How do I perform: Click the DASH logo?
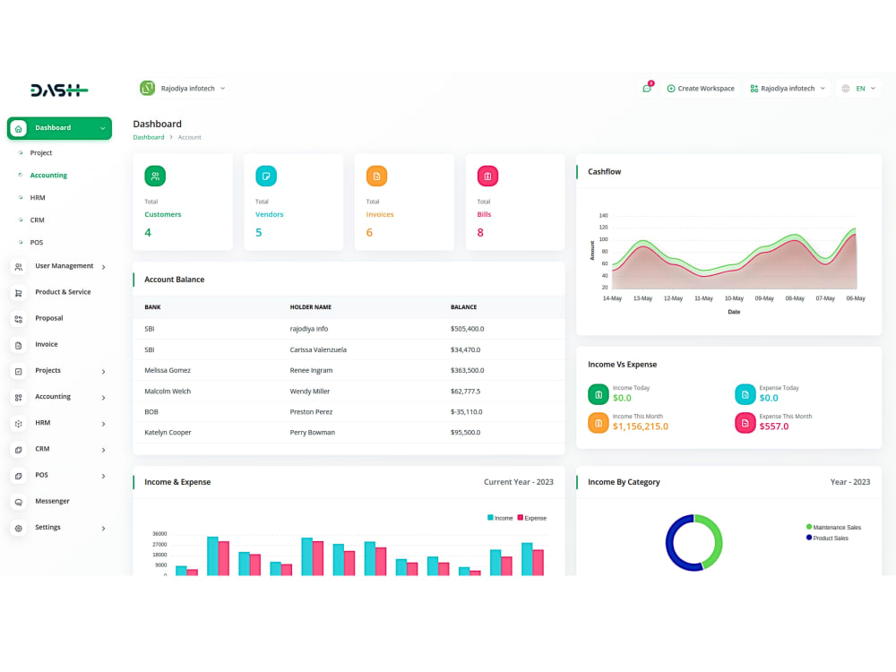point(58,90)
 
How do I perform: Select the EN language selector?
point(858,89)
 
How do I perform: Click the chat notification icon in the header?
point(647,89)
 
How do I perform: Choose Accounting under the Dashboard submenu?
point(48,176)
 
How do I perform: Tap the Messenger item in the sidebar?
point(52,501)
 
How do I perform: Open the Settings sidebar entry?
point(47,527)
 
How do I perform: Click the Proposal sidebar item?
point(48,318)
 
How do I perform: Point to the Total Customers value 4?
point(148,233)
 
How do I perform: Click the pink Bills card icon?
point(487,177)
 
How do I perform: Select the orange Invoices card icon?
point(376,177)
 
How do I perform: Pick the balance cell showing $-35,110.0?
point(467,411)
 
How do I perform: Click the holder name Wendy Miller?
point(310,391)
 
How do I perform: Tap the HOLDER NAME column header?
point(310,307)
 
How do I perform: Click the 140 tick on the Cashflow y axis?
point(603,216)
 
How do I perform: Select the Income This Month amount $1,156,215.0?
point(640,426)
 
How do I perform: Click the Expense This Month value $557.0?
point(774,426)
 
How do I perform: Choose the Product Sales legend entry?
point(831,538)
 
